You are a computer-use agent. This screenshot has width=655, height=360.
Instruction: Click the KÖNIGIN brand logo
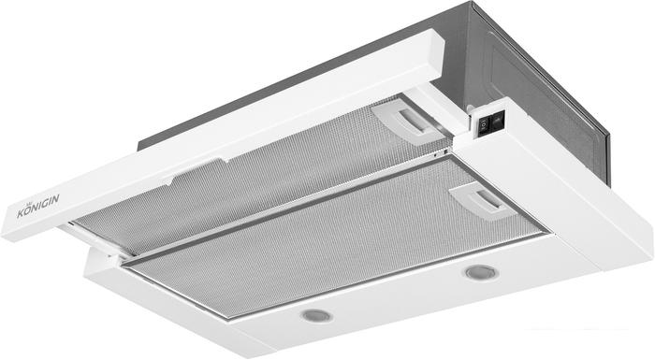point(37,207)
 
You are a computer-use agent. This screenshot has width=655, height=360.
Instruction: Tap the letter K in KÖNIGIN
point(21,213)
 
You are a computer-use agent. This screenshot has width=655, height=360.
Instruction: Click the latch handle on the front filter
point(480,201)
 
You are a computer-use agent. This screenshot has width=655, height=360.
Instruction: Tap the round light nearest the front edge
point(316,316)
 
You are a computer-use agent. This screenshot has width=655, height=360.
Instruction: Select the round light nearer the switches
point(482,273)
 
